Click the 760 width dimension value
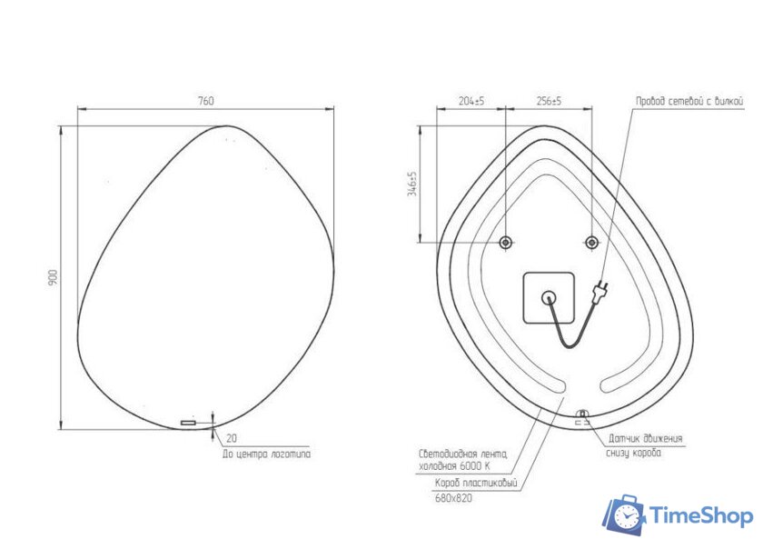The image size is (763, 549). [x=206, y=102]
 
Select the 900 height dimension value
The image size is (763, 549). [x=53, y=278]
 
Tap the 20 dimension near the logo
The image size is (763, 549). [x=232, y=437]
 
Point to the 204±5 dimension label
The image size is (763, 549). [x=471, y=102]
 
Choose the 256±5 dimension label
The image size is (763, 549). [x=549, y=102]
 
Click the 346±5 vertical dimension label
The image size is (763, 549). [x=411, y=185]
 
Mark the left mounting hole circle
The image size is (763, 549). [x=506, y=242]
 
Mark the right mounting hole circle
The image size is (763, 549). [x=592, y=242]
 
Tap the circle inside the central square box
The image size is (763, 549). [x=549, y=296]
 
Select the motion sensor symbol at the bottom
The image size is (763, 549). [x=582, y=416]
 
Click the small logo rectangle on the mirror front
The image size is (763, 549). [x=189, y=423]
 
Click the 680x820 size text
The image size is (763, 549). [x=453, y=497]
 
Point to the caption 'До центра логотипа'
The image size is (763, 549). [x=265, y=454]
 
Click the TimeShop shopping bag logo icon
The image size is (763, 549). [x=624, y=516]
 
